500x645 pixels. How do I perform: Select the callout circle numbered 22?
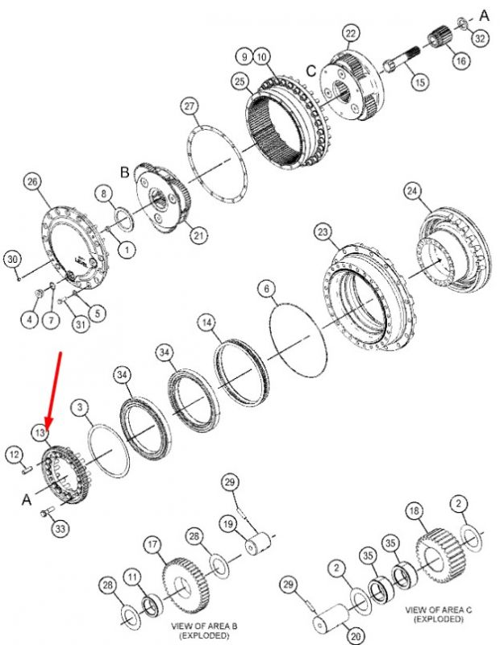[x=350, y=33]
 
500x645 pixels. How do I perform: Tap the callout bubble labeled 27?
[x=189, y=106]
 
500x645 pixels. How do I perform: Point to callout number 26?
[x=33, y=182]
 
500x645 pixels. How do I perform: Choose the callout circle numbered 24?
[x=412, y=191]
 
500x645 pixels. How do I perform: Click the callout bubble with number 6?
[x=267, y=289]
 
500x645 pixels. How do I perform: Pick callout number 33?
[x=60, y=529]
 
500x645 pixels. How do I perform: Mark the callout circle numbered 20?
[x=356, y=636]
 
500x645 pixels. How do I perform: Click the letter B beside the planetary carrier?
[x=125, y=172]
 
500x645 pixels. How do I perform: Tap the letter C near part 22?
[x=311, y=71]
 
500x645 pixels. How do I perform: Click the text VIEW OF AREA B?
[x=204, y=626]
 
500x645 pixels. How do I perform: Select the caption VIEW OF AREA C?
[x=439, y=610]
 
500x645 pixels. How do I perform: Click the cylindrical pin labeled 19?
[x=258, y=543]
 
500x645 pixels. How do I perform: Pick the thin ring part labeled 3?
[x=109, y=451]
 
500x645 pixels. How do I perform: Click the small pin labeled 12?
[x=27, y=469]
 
